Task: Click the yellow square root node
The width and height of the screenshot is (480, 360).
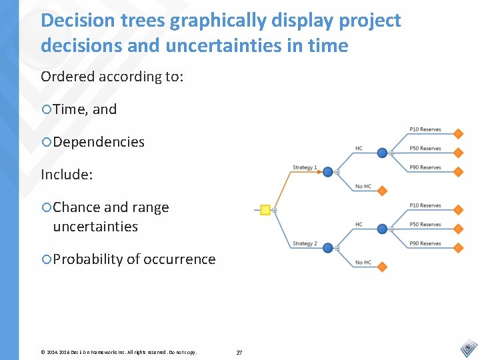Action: (x=265, y=210)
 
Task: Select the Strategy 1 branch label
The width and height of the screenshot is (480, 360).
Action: (x=305, y=167)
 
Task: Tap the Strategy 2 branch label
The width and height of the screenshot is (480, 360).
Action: (x=305, y=243)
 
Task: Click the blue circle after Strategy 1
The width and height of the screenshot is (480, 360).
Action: (x=327, y=172)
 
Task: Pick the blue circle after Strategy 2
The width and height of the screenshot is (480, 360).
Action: (x=327, y=248)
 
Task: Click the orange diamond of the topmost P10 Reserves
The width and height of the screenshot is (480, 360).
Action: (x=458, y=134)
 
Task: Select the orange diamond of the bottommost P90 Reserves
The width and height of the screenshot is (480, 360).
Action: (x=458, y=248)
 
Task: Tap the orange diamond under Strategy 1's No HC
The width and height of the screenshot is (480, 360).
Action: (x=382, y=191)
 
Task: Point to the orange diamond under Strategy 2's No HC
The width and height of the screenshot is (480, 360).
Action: (x=382, y=267)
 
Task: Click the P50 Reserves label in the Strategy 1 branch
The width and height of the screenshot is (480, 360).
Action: (x=425, y=149)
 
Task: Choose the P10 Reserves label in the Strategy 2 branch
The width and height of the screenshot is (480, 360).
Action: (x=425, y=205)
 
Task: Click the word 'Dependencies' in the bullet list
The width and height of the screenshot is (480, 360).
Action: (x=99, y=142)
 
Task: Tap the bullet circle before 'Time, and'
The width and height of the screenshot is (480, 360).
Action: (x=46, y=110)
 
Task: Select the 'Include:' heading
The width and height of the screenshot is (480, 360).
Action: (x=67, y=175)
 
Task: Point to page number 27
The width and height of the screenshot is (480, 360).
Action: (x=239, y=352)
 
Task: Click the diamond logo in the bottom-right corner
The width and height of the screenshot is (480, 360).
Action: (x=468, y=348)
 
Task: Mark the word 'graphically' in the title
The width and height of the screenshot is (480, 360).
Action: (x=219, y=21)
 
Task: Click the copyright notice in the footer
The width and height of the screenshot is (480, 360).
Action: (x=119, y=352)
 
